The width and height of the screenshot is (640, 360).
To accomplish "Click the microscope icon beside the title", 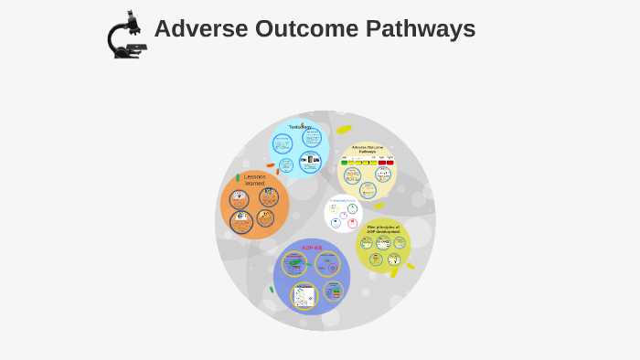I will click(126, 36).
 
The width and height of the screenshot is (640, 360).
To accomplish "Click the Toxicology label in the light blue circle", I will click(300, 127).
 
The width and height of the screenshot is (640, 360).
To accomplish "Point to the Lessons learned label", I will click(254, 180).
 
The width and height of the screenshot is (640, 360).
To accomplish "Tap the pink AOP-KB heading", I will click(311, 248).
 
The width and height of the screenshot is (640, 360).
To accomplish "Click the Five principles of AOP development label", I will click(383, 229).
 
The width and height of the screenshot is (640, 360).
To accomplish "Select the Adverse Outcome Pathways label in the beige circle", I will click(368, 149).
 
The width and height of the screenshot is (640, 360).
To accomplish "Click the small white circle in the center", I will click(344, 214).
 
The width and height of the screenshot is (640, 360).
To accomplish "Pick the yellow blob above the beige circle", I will click(344, 130).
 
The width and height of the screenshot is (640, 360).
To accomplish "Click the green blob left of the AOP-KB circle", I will click(272, 290).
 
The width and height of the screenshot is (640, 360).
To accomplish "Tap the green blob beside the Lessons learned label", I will click(238, 177).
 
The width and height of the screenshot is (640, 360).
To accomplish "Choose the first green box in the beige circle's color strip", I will click(345, 162).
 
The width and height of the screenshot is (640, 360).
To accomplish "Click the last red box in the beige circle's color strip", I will click(389, 162).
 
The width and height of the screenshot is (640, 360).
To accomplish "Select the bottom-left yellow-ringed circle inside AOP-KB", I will click(304, 295).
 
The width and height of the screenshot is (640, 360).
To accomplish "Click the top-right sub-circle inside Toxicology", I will click(312, 137).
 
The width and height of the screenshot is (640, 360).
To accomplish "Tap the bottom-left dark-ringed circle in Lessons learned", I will click(240, 221).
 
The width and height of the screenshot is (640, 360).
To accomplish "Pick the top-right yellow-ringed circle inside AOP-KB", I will click(327, 265).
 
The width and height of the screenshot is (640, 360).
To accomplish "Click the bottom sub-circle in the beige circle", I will click(368, 190).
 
